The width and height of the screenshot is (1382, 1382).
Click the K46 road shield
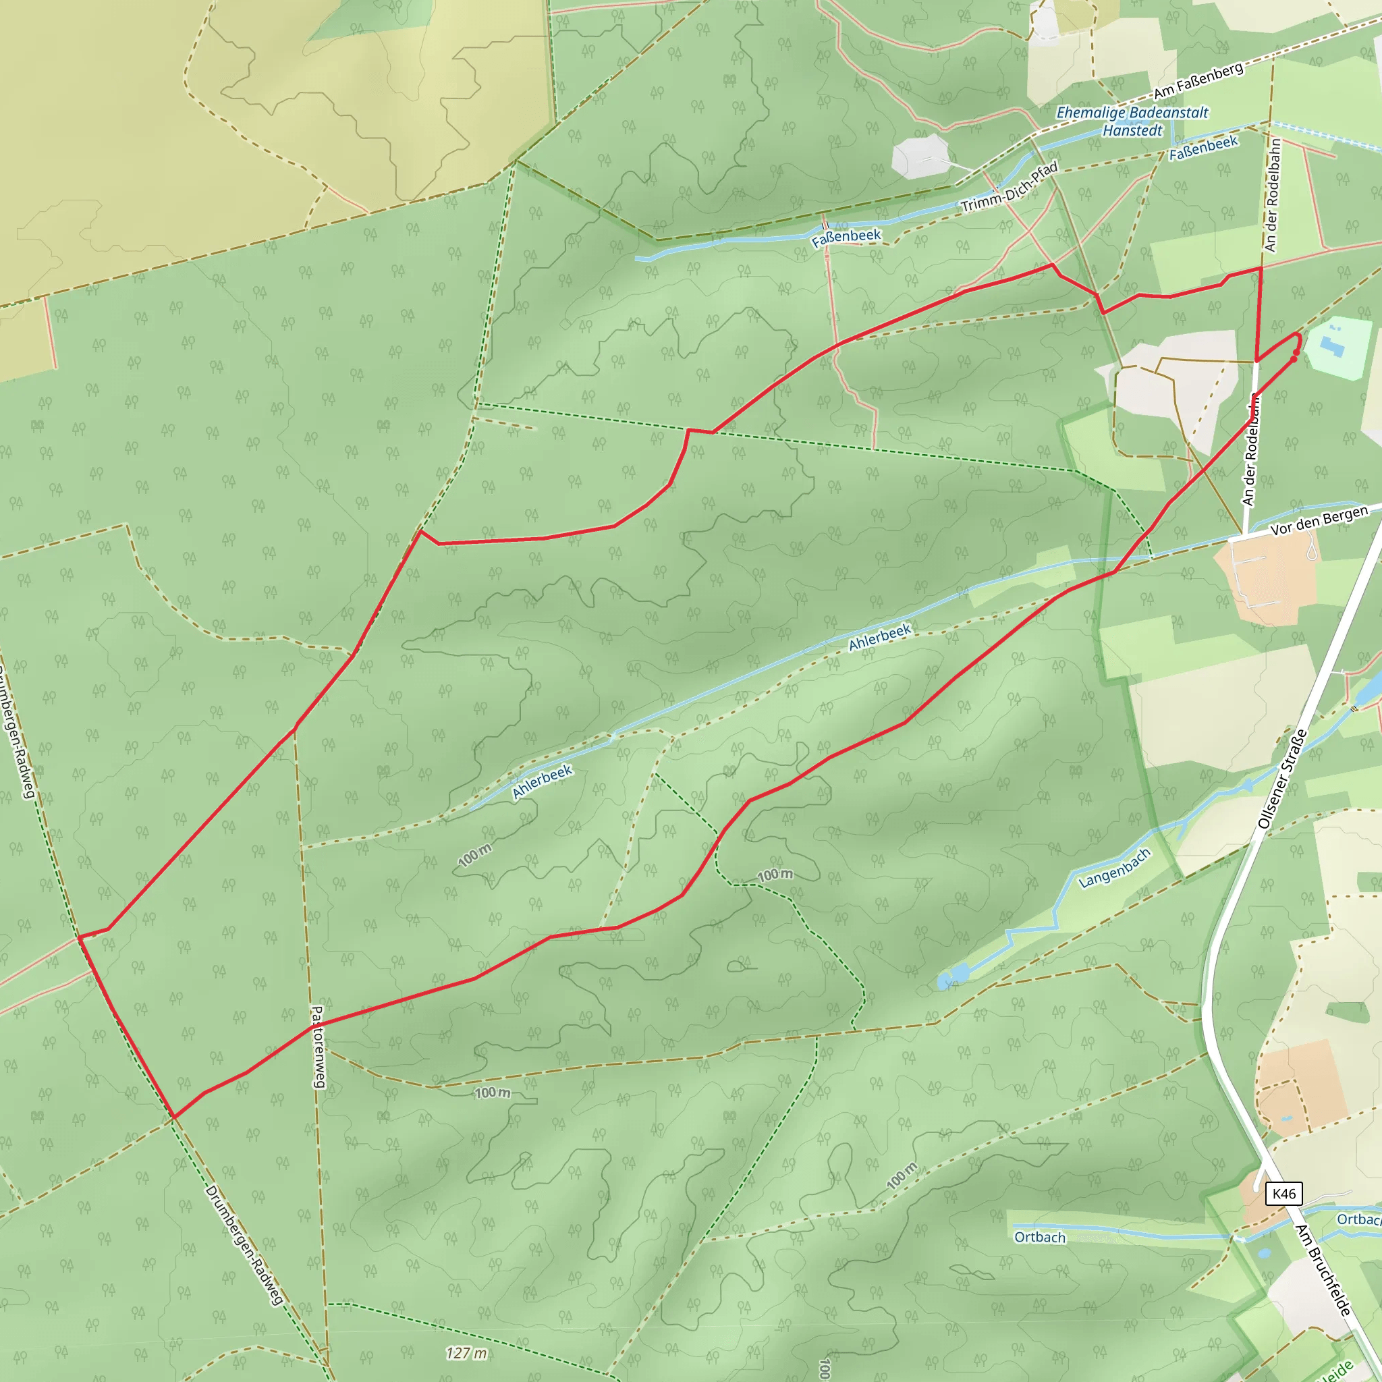[x=1284, y=1193]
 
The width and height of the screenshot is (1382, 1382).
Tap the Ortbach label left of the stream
[x=1039, y=1238]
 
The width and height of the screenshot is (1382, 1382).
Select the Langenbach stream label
[x=1115, y=868]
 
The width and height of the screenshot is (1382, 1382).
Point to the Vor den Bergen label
[x=1319, y=520]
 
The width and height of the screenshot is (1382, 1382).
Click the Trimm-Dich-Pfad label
[x=1010, y=188]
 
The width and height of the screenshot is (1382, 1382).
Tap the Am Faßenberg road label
[x=1198, y=82]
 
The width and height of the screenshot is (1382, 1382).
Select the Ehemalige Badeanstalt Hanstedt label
[x=1132, y=121]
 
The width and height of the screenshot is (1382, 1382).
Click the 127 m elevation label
[x=466, y=1353]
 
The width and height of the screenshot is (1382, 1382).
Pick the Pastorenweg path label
[x=318, y=1047]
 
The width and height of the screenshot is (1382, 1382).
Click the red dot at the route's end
[x=1294, y=359]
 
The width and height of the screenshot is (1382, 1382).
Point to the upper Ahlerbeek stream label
[x=880, y=636]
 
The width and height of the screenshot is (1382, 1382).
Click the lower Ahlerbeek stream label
[x=543, y=781]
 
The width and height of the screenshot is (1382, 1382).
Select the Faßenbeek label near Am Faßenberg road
[x=1203, y=148]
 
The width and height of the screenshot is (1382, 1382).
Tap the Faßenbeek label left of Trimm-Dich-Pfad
[x=846, y=238]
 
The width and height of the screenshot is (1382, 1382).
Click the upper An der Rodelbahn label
[x=1273, y=194]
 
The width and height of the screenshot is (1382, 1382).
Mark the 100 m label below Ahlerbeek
[x=475, y=854]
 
